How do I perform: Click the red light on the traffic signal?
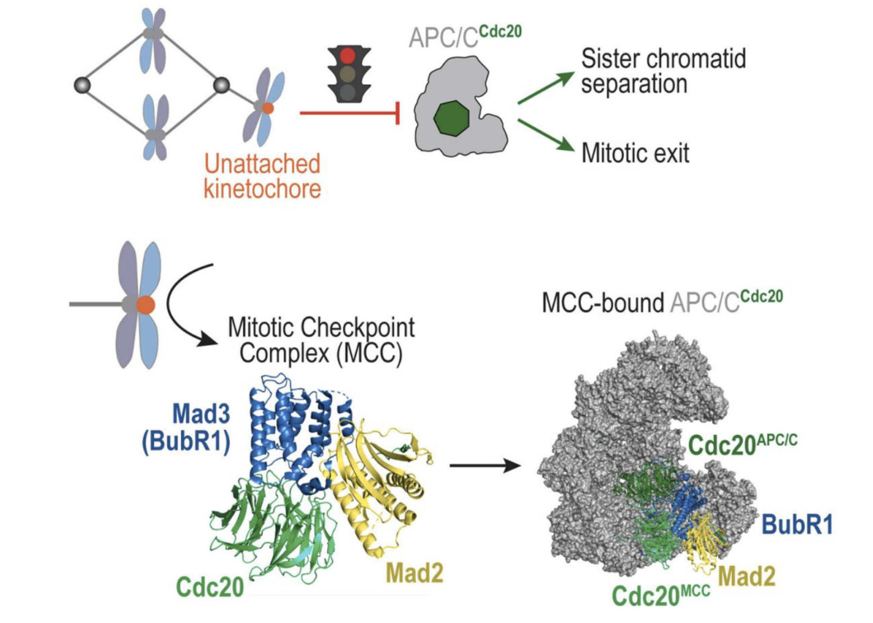(x=348, y=55)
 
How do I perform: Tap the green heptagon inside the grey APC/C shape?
(x=451, y=118)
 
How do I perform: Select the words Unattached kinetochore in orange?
(x=262, y=176)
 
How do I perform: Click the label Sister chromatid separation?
(x=663, y=71)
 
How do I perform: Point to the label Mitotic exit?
(x=635, y=153)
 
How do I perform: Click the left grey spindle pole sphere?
(x=82, y=85)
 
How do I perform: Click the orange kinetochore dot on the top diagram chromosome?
(x=268, y=108)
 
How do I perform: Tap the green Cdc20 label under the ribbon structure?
(x=210, y=587)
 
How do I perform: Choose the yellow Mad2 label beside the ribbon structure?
(x=415, y=574)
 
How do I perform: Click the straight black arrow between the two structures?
(x=485, y=466)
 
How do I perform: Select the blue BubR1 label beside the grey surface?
(x=797, y=525)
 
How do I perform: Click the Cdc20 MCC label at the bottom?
(x=660, y=595)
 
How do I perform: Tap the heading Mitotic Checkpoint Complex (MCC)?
(x=321, y=340)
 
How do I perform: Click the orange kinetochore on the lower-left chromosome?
(x=145, y=305)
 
